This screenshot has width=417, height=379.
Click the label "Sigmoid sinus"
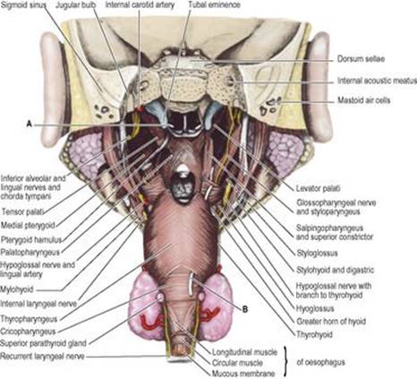pos(22,4)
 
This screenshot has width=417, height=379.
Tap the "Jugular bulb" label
pos(76,4)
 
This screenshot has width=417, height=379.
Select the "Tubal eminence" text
pos(214,4)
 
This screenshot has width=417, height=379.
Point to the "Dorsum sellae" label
pos(361,59)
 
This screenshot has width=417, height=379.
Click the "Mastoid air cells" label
pos(363,99)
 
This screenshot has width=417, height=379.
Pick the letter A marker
pos(29,124)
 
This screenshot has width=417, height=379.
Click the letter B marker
pos(245,309)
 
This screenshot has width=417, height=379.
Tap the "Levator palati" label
pos(318,188)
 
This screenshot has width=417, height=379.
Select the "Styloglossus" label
pos(317,254)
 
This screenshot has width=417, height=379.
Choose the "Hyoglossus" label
pos(315,308)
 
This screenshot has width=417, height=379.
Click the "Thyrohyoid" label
pos(314,334)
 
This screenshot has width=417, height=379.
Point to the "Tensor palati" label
pos(22,211)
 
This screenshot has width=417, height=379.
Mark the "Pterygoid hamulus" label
pos(31,239)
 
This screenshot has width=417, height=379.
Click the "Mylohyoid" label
pos(17,289)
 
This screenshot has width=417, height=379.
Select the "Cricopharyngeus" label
pos(28,332)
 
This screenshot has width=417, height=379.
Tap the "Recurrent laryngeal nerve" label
pos(42,356)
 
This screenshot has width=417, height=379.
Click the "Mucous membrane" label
pos(243,374)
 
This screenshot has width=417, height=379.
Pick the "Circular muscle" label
pos(237,363)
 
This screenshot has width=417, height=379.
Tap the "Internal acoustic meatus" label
pos(377,81)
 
